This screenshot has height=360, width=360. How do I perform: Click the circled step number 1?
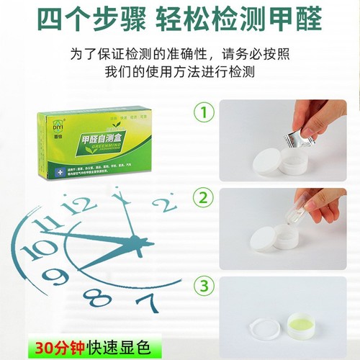pyautogui.click(x=207, y=113)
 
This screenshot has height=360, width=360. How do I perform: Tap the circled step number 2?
pyautogui.click(x=207, y=198)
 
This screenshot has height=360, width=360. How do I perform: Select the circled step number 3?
pyautogui.click(x=207, y=286)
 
